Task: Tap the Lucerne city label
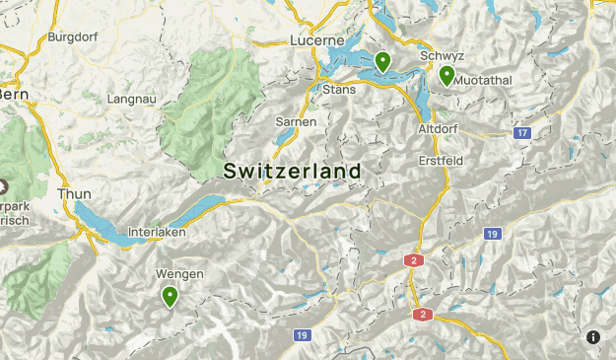pos(317,40)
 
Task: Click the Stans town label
pos(339,90)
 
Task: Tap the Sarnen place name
pos(296,121)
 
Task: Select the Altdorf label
pos(438,129)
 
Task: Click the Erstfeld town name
pos(440,160)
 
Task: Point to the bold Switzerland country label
pos(292,171)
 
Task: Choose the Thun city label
pos(75,194)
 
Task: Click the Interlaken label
pos(157,234)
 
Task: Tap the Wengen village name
pos(179,273)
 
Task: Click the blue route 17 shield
pos(522,132)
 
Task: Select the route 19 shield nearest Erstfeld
pos(492,234)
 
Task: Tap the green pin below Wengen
pos(170,296)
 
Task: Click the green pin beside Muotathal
pos(446,75)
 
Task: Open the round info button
pos(593,337)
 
